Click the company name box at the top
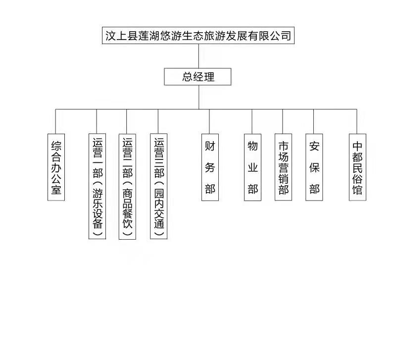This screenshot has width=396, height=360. click(x=198, y=36)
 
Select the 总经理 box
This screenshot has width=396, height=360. click(x=198, y=77)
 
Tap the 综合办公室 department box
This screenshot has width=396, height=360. click(x=56, y=167)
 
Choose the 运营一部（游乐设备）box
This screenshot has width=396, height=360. click(x=97, y=186)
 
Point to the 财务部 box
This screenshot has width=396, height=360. click(x=210, y=167)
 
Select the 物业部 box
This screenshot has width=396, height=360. click(x=252, y=167)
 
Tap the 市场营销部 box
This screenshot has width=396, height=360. click(x=283, y=167)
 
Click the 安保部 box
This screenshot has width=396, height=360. click(x=314, y=167)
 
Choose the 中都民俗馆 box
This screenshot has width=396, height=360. click(x=357, y=167)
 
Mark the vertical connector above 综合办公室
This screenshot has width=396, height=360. click(x=56, y=121)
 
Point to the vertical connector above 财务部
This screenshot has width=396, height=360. click(x=210, y=121)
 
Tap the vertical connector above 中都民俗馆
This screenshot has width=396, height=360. click(x=357, y=121)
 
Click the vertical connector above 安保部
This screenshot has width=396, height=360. click(x=314, y=121)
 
